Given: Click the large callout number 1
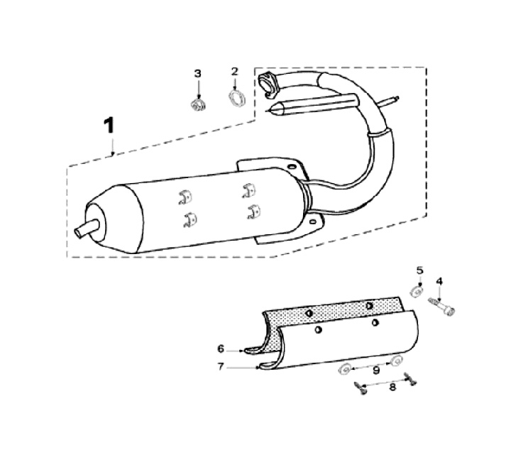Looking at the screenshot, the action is click(x=109, y=126).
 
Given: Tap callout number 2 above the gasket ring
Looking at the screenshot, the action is click(x=235, y=72).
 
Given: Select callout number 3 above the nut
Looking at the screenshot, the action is click(x=198, y=74).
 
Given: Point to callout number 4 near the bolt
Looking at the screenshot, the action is click(x=439, y=281).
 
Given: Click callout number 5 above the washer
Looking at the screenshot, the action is click(x=419, y=270).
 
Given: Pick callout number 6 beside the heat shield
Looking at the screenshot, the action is click(x=221, y=349).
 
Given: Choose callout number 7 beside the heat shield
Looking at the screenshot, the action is click(x=221, y=367).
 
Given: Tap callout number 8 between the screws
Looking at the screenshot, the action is click(x=392, y=387).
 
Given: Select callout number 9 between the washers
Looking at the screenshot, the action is click(x=376, y=371).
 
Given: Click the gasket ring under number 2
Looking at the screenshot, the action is click(x=236, y=99).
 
